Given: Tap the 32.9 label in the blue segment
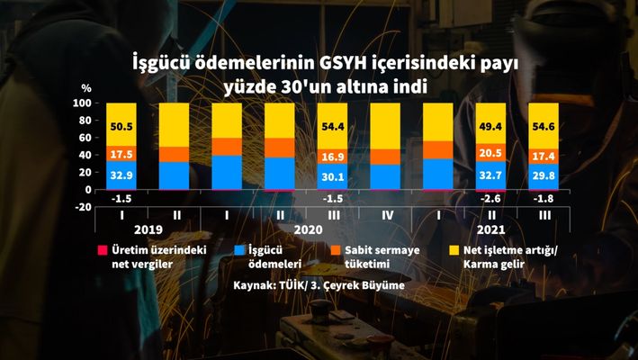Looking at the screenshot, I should (x=121, y=175).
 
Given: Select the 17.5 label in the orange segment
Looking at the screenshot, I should (x=121, y=153).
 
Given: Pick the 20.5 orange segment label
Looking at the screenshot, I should (x=490, y=152).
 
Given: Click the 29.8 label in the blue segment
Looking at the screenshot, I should (x=544, y=176).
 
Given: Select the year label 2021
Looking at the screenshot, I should (x=491, y=230).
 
